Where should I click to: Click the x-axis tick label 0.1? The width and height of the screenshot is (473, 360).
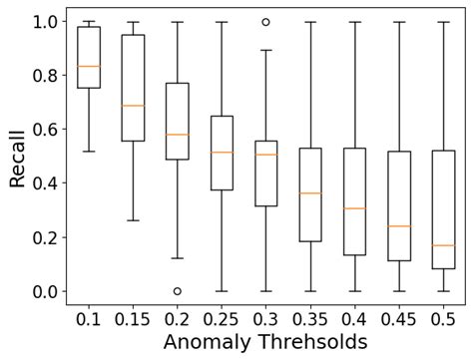pyautogui.click(x=89, y=317)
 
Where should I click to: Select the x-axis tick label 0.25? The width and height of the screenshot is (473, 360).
pyautogui.click(x=222, y=317)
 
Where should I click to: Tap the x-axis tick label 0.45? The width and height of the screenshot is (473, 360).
pyautogui.click(x=398, y=317)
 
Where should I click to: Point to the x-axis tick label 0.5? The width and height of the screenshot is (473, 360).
pyautogui.click(x=443, y=317)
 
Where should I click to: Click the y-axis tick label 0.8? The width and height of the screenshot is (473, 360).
pyautogui.click(x=44, y=76)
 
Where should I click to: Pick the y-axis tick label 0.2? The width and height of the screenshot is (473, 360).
pyautogui.click(x=44, y=238)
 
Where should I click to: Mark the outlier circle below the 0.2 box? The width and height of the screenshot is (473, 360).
pyautogui.click(x=178, y=291)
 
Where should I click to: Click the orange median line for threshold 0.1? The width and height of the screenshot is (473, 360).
pyautogui.click(x=89, y=66)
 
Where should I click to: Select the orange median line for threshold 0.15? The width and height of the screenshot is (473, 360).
pyautogui.click(x=133, y=106)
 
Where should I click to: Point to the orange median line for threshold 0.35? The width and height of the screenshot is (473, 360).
pyautogui.click(x=310, y=193)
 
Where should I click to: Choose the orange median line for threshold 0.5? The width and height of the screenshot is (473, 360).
pyautogui.click(x=443, y=245)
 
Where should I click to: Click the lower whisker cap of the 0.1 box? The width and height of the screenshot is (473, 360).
pyautogui.click(x=89, y=152)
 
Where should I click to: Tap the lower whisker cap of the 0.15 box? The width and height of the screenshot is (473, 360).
pyautogui.click(x=133, y=220)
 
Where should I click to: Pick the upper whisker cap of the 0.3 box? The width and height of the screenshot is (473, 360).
pyautogui.click(x=265, y=50)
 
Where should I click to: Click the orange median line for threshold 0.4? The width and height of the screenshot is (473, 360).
pyautogui.click(x=354, y=208)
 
